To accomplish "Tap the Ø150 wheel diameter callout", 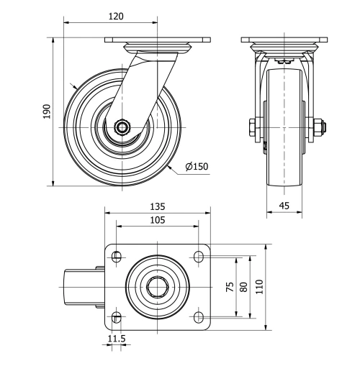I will [x=197, y=167].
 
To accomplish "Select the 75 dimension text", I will [x=230, y=286].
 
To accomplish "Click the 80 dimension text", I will [x=244, y=286].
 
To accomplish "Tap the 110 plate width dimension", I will [x=261, y=286].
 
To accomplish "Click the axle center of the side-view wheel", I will [x=122, y=128].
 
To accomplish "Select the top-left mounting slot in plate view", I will [x=117, y=255].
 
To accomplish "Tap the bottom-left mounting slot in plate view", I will [x=117, y=317].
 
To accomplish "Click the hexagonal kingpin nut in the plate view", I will [x=158, y=286].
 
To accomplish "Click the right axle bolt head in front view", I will [x=318, y=128].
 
